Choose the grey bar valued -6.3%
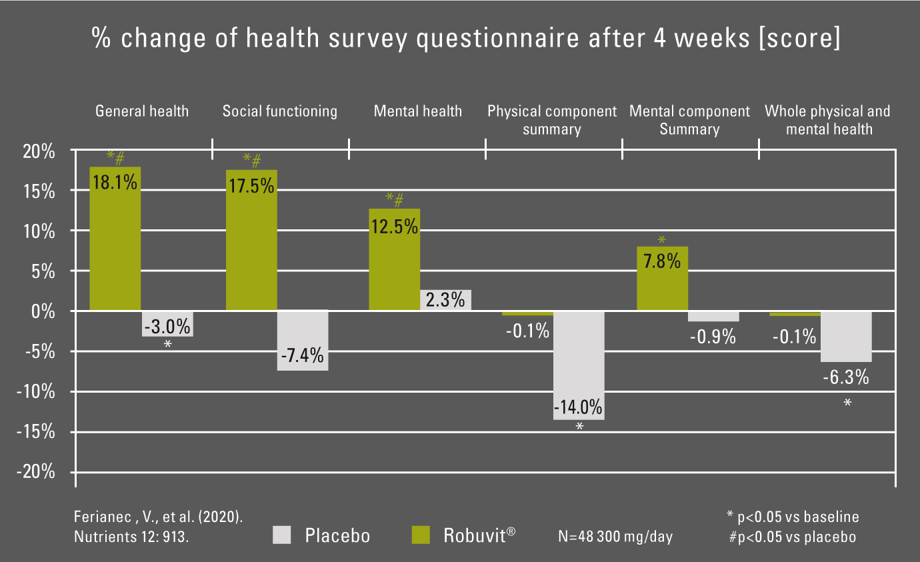click(x=846, y=336)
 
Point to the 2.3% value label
click(x=445, y=300)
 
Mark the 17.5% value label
click(x=251, y=185)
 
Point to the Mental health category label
click(x=417, y=111)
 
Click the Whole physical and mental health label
click(x=827, y=120)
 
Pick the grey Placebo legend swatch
click(x=283, y=535)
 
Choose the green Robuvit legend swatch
click(x=421, y=535)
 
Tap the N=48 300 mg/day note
click(x=615, y=536)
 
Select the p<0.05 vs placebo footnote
click(x=792, y=536)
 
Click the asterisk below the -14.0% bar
click(x=579, y=427)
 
